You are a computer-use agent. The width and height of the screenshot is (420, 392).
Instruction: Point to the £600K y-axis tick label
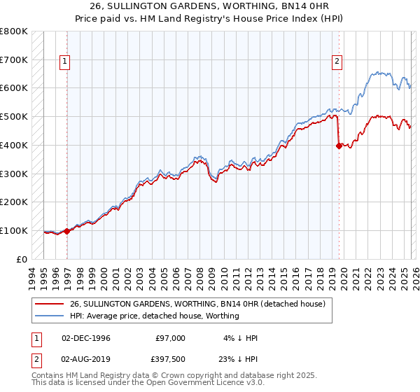13,88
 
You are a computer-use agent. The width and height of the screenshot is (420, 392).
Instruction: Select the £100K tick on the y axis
13,230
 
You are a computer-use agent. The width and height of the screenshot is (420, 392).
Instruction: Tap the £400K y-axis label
13,145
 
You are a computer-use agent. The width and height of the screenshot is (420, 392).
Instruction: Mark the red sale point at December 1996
67,230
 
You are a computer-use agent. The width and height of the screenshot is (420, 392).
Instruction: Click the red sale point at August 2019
339,146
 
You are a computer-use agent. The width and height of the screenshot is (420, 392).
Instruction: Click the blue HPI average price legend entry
154,316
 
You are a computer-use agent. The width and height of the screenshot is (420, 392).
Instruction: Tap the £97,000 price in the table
170,338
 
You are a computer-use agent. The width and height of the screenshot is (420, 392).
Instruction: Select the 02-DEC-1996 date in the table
86,338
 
